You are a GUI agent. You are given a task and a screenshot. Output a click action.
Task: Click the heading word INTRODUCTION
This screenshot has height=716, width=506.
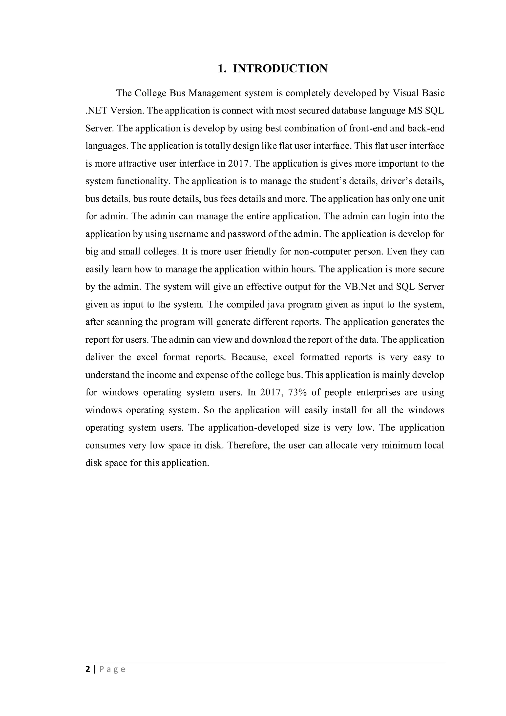point(280,68)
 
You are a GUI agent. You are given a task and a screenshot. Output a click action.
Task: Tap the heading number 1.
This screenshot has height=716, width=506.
point(222,68)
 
